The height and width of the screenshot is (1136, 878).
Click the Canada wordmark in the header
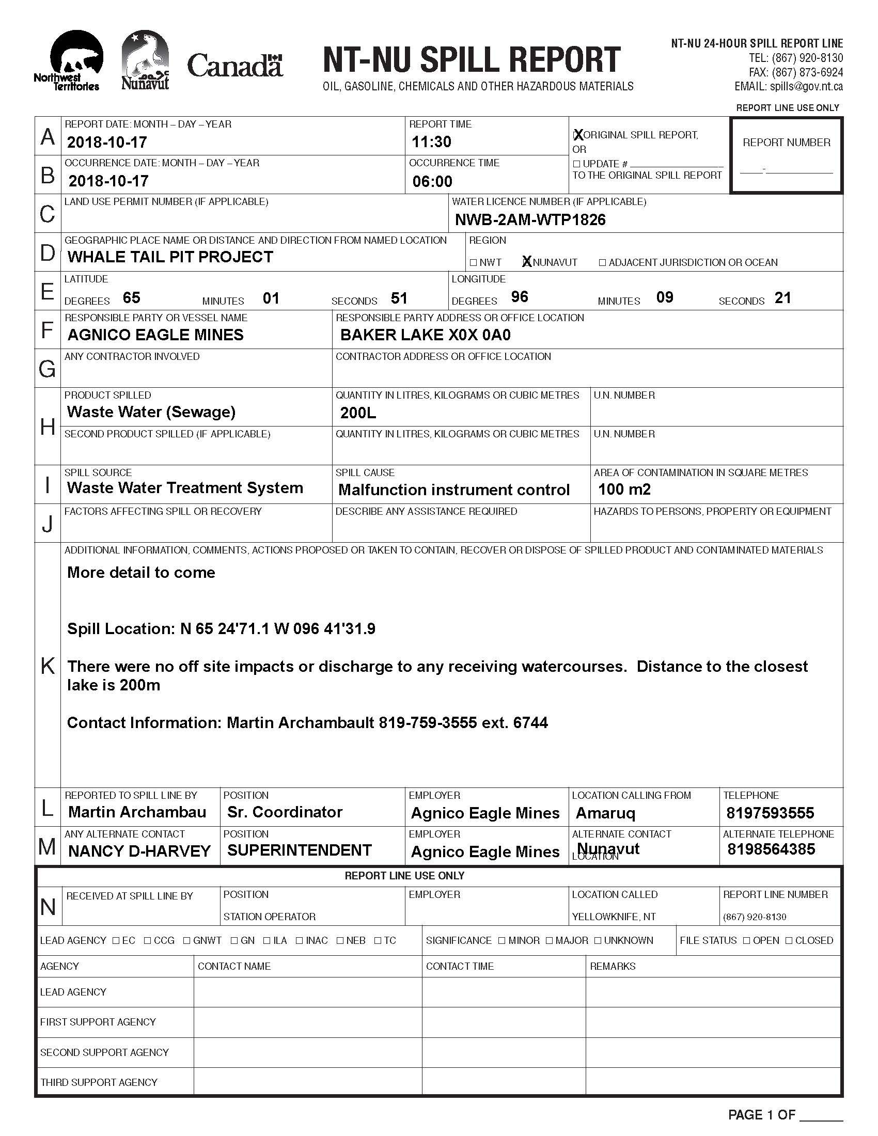(234, 66)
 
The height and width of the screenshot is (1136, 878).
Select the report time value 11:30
(431, 142)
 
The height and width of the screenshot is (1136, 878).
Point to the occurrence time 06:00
(432, 182)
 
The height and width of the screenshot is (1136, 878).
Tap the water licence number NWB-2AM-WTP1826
(530, 220)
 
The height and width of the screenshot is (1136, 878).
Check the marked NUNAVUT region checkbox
(527, 262)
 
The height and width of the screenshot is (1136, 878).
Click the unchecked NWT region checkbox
(473, 263)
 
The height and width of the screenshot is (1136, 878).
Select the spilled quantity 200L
(358, 413)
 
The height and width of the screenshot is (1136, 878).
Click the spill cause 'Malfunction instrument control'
(453, 490)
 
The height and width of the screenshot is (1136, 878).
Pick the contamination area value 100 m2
(624, 490)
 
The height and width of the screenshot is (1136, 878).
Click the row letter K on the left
(48, 666)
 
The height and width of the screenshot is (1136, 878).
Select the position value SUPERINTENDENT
(300, 850)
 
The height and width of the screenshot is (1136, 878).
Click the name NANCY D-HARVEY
(139, 851)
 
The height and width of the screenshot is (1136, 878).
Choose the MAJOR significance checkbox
(550, 940)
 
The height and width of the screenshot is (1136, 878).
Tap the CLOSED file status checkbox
(789, 940)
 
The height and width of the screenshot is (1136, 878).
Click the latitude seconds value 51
(399, 298)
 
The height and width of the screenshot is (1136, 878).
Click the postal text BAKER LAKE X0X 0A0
(425, 335)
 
